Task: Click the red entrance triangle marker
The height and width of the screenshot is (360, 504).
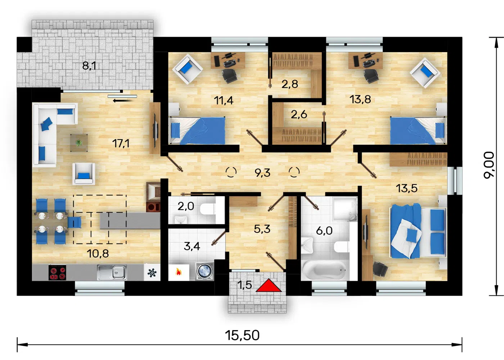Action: tap(269, 286)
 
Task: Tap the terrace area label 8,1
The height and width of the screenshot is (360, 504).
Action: tap(89, 66)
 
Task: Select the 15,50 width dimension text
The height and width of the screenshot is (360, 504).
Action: tap(242, 335)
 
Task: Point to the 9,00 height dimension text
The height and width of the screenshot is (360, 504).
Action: tap(489, 165)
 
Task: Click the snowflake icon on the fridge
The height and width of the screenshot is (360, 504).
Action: tap(152, 273)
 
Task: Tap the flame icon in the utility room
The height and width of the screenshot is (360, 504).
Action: tap(178, 272)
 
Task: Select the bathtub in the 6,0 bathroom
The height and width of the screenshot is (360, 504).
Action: tap(324, 270)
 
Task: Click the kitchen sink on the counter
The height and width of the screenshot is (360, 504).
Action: tap(112, 272)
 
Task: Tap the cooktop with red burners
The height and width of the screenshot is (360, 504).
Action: tap(57, 273)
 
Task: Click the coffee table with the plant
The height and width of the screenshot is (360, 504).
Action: tap(79, 143)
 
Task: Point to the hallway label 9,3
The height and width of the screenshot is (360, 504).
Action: tap(262, 173)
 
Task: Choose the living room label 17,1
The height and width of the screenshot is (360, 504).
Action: tap(121, 144)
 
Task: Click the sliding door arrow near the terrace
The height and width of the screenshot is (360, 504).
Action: tap(122, 100)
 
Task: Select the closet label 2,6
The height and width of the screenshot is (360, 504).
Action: tap(299, 114)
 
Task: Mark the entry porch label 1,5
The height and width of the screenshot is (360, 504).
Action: tap(244, 285)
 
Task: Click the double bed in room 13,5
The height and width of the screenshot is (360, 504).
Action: tap(418, 231)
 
